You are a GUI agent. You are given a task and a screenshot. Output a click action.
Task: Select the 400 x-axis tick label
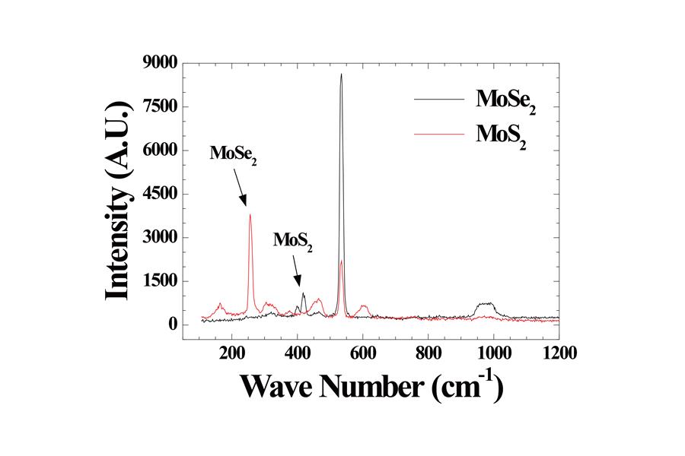click(x=297, y=353)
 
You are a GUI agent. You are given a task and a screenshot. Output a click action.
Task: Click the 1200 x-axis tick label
click(x=559, y=353)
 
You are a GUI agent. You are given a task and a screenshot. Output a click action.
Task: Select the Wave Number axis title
click(x=371, y=387)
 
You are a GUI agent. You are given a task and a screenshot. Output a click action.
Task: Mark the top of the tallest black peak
click(x=341, y=74)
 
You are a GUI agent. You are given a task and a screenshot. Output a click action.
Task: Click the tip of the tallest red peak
click(x=250, y=214)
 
